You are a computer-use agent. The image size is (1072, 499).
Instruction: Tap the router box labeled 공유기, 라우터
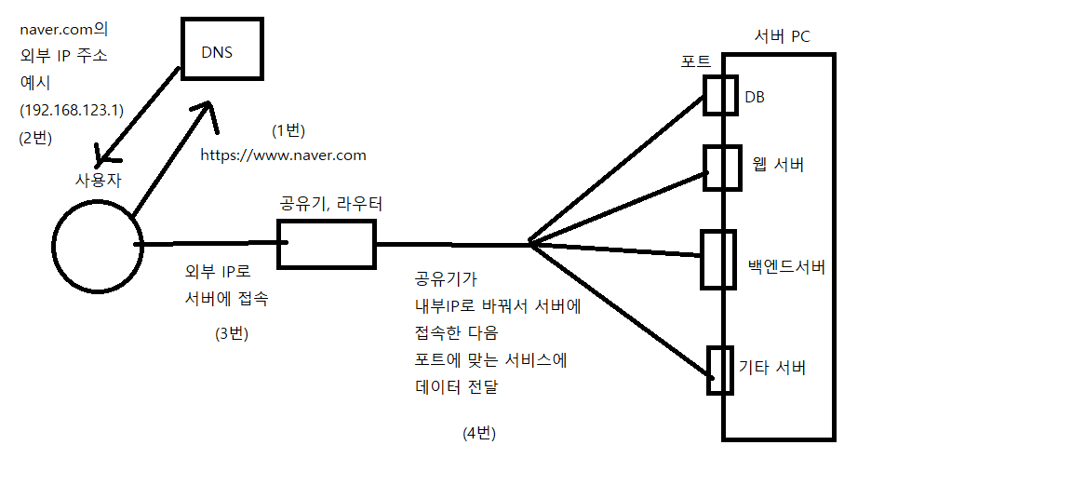(x=327, y=244)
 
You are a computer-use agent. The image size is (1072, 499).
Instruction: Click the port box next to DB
(x=720, y=95)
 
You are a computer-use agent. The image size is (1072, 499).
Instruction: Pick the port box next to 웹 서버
(x=720, y=168)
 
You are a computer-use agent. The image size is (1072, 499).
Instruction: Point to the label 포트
(x=696, y=61)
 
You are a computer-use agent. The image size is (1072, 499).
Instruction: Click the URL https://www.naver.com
(x=284, y=155)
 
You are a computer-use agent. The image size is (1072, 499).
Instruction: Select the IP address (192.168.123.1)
(x=72, y=110)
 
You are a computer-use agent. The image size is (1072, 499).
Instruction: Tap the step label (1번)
(x=288, y=129)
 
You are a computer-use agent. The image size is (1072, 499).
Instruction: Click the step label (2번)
(x=35, y=137)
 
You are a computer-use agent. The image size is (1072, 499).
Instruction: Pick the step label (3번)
(x=232, y=333)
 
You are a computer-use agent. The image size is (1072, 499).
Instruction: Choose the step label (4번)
(x=479, y=433)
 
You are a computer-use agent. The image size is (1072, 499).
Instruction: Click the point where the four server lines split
(x=529, y=244)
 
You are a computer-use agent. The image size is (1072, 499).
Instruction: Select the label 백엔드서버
(x=786, y=268)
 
